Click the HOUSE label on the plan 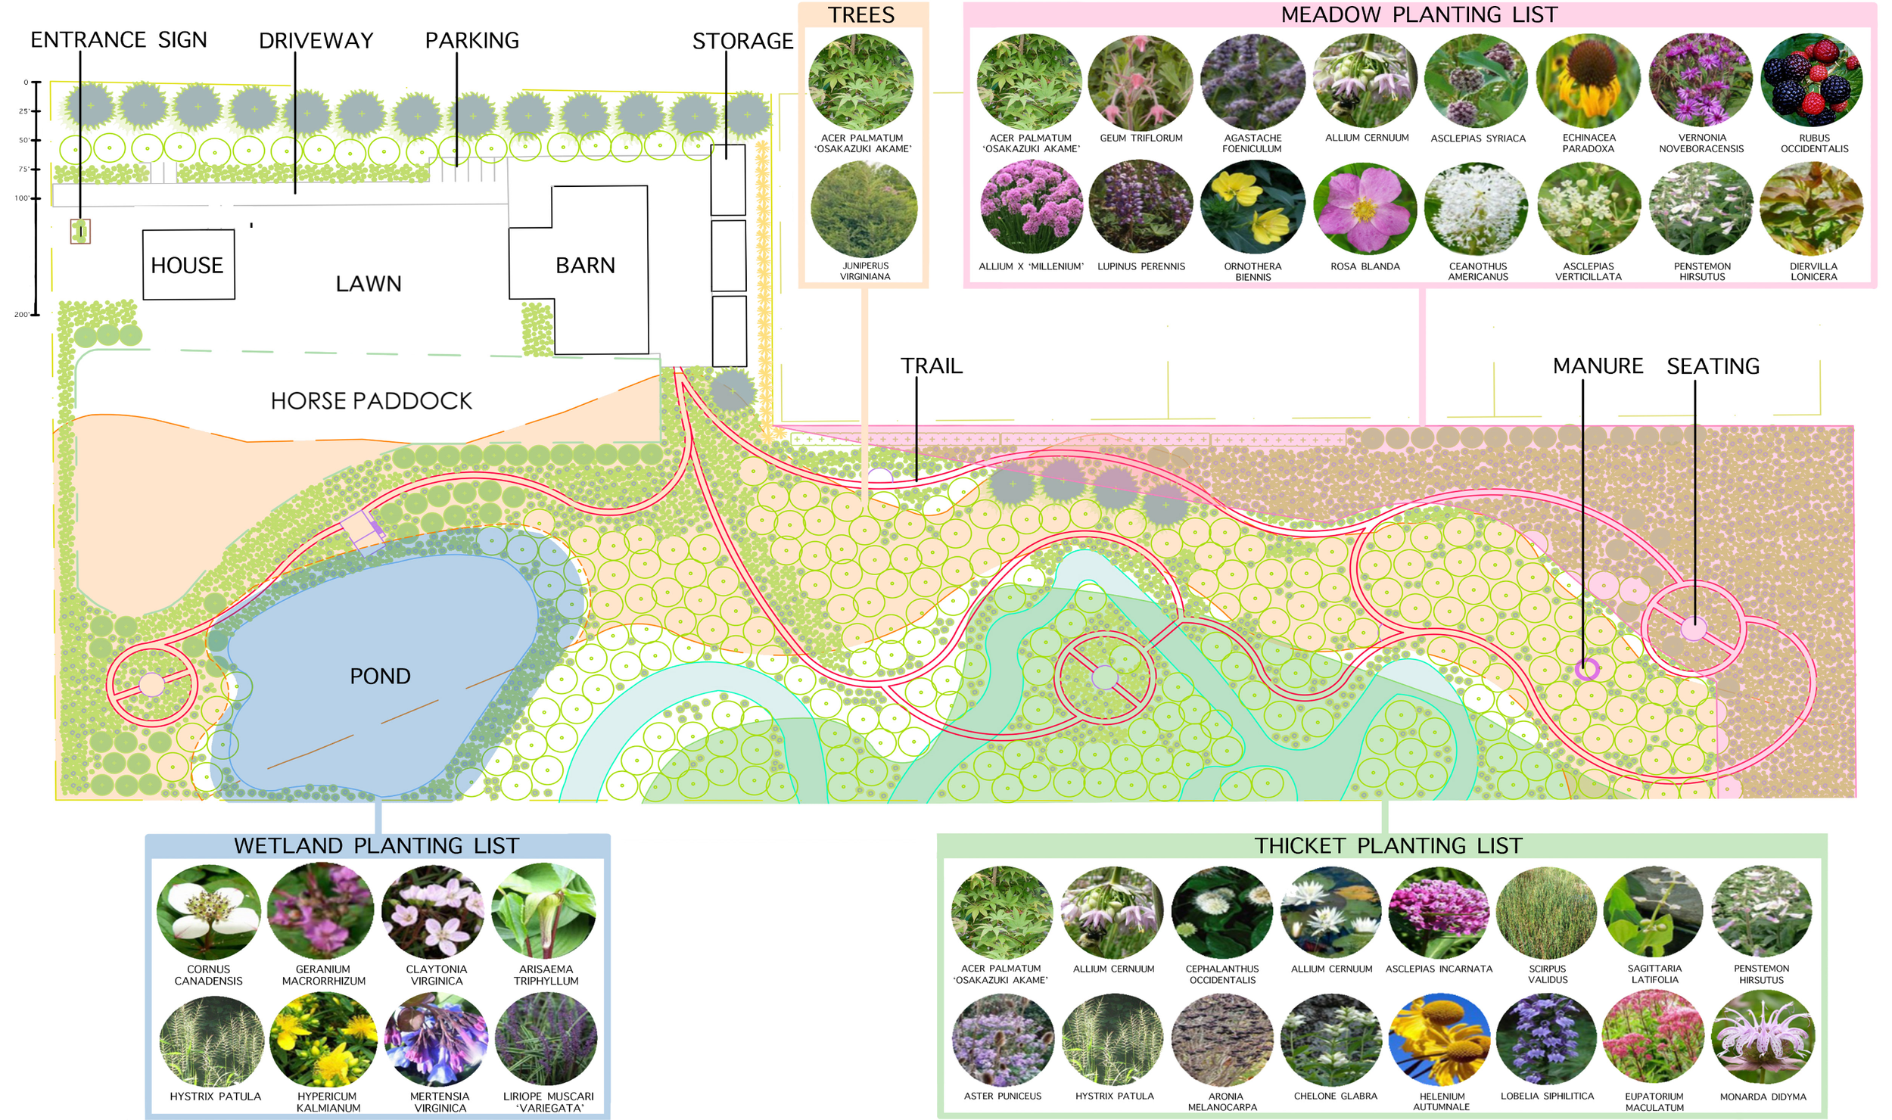click(187, 266)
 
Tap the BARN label click(585, 266)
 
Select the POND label click(380, 676)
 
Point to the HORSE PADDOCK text click(371, 401)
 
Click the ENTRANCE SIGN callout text click(119, 39)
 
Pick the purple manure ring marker click(1586, 669)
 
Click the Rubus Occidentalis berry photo click(1813, 80)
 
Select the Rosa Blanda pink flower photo click(1365, 209)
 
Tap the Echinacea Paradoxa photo click(1589, 80)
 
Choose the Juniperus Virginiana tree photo click(864, 209)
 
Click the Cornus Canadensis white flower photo click(208, 913)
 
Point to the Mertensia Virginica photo click(437, 1040)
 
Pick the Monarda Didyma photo click(1763, 1038)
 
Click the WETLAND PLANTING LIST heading click(377, 845)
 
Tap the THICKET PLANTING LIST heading click(1388, 845)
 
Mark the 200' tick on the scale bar click(33, 314)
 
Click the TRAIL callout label click(931, 366)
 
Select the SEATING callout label click(1713, 366)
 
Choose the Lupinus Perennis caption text click(1141, 266)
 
